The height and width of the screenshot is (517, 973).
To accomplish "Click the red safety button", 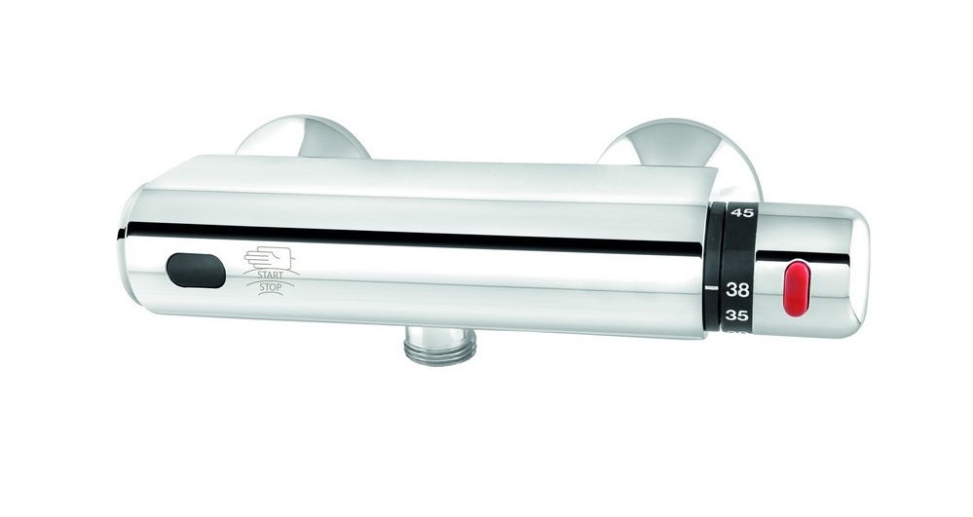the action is pos(797,288).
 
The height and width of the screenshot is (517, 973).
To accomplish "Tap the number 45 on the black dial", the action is pos(742,213).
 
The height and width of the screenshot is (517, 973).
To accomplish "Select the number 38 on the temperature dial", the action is pos(738,288).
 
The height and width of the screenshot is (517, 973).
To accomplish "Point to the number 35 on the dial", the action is pos(737,315).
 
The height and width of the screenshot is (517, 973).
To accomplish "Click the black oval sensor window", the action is pos(196,271).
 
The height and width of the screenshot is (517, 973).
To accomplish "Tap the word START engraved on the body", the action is pos(270,275).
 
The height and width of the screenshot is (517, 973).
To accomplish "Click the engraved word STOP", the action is pos(270,287).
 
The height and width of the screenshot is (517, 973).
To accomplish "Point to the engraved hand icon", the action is pos(268,258).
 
